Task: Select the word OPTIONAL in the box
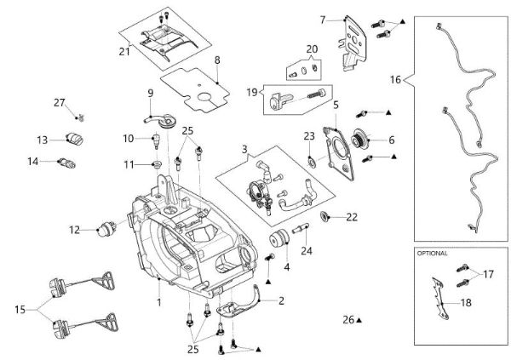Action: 433,254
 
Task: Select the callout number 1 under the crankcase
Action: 158,301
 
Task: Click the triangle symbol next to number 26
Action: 359,320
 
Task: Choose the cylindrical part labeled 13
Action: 77,140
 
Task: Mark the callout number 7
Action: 323,19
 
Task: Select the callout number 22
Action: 350,216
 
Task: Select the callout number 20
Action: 312,49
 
